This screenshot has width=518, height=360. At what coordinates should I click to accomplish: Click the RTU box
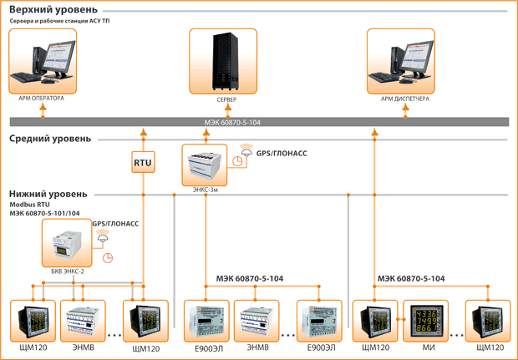(144, 162)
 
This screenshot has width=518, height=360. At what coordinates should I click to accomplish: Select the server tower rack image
(226, 61)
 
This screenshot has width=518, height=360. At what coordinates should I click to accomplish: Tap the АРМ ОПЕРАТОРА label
(41, 98)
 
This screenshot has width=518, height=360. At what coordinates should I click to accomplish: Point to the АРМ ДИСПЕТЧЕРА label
(405, 99)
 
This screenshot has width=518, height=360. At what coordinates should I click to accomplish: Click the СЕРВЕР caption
(226, 99)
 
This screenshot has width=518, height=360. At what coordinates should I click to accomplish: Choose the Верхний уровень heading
(53, 10)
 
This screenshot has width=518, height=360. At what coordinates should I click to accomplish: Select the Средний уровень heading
(50, 139)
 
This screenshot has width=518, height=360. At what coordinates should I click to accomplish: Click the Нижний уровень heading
(48, 194)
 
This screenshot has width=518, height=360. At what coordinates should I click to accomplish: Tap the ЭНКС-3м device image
(205, 165)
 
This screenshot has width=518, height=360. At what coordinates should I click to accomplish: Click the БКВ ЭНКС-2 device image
(67, 243)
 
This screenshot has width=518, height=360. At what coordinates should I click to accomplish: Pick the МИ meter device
(426, 321)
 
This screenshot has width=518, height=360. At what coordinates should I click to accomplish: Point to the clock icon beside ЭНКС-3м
(237, 161)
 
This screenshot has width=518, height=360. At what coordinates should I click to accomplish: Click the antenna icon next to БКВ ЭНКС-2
(103, 236)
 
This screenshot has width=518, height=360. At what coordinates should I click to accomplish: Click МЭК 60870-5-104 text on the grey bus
(232, 123)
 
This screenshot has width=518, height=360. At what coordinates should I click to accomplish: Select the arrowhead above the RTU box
(144, 132)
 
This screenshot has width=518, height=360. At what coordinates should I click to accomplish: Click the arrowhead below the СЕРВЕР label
(228, 107)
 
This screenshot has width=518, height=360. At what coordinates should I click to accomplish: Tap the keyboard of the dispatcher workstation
(383, 78)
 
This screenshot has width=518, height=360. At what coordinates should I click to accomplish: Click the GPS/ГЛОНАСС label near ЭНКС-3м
(282, 153)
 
